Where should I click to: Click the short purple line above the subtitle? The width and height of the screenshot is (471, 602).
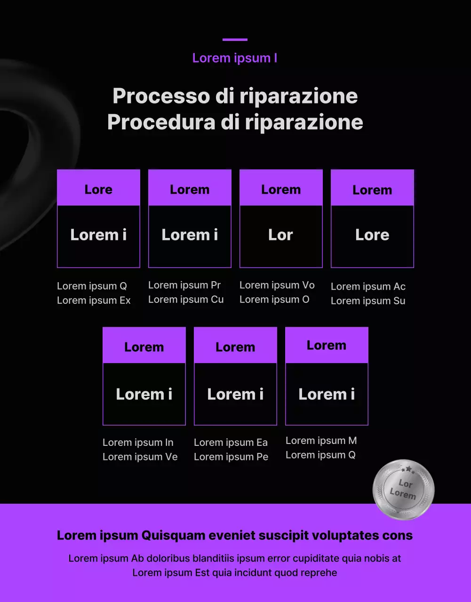tap(235, 40)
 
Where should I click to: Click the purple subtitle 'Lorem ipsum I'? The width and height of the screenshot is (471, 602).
tap(235, 58)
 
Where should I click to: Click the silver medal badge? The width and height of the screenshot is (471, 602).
tap(403, 490)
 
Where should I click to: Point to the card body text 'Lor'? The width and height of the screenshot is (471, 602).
tap(281, 235)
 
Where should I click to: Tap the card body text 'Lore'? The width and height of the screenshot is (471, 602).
tap(372, 235)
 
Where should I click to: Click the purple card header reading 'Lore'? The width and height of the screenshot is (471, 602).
tap(98, 190)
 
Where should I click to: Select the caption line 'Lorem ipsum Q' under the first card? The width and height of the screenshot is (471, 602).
tap(92, 286)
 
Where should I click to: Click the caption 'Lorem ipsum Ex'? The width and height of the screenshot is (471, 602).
tap(94, 300)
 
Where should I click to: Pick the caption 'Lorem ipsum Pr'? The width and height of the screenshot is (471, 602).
tap(184, 285)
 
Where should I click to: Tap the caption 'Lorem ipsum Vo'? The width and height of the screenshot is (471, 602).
tap(277, 285)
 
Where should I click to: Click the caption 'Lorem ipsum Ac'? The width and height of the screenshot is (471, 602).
tap(368, 286)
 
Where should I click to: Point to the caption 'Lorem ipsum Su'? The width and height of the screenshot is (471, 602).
tap(368, 301)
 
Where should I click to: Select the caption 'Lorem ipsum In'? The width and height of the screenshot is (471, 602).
tap(138, 443)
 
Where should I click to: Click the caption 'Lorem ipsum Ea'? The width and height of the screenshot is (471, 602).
tap(231, 443)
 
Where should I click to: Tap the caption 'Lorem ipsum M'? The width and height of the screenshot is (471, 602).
tap(321, 441)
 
